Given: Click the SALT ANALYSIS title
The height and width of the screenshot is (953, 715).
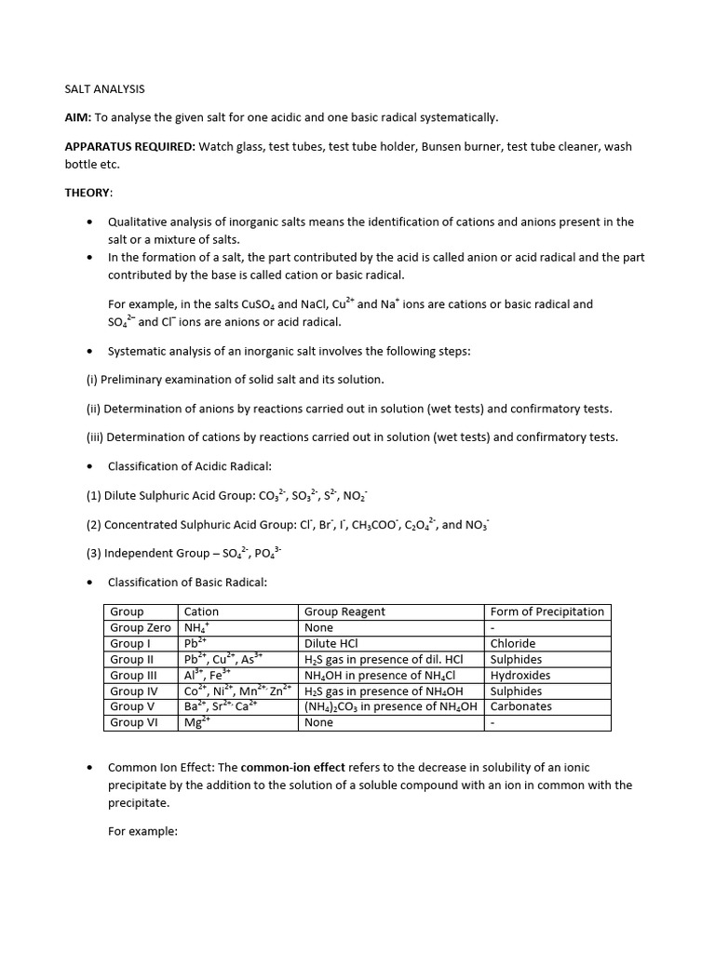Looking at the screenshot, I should tap(104, 89).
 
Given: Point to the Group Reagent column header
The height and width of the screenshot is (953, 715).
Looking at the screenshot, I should tap(344, 611).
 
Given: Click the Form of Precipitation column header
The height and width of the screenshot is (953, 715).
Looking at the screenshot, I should tap(546, 611).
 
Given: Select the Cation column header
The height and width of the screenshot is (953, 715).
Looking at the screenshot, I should tap(202, 611).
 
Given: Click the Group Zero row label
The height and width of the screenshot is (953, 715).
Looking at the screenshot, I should tap(141, 627).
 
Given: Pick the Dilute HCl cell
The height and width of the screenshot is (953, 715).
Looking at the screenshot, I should tap(331, 643).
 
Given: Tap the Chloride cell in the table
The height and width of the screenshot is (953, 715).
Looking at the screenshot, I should tap(513, 643).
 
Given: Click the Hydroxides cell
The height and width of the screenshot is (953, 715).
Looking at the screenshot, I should tap(519, 675).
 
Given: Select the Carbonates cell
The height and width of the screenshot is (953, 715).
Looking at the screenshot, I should tap(520, 706).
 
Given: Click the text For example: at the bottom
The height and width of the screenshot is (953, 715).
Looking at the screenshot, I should tap(142, 831).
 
